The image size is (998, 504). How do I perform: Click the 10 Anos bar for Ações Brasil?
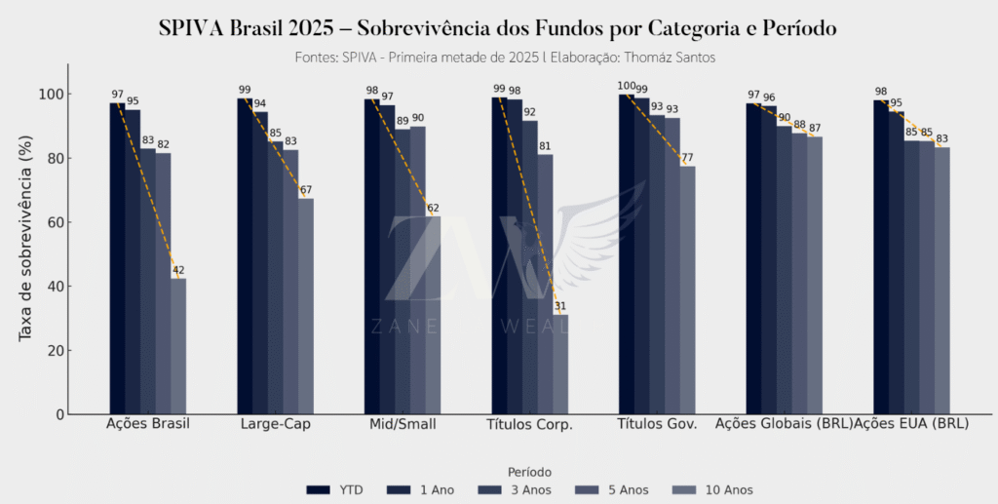[178, 346]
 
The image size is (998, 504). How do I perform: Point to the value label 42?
[178, 271]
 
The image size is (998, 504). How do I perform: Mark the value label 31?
[560, 306]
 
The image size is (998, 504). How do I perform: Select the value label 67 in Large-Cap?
[306, 191]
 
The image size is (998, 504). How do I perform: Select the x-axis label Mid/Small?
[403, 425]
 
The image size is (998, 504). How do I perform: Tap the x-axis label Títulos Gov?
[657, 425]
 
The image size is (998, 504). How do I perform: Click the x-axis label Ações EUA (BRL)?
[911, 425]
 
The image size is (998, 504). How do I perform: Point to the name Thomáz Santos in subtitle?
[669, 58]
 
